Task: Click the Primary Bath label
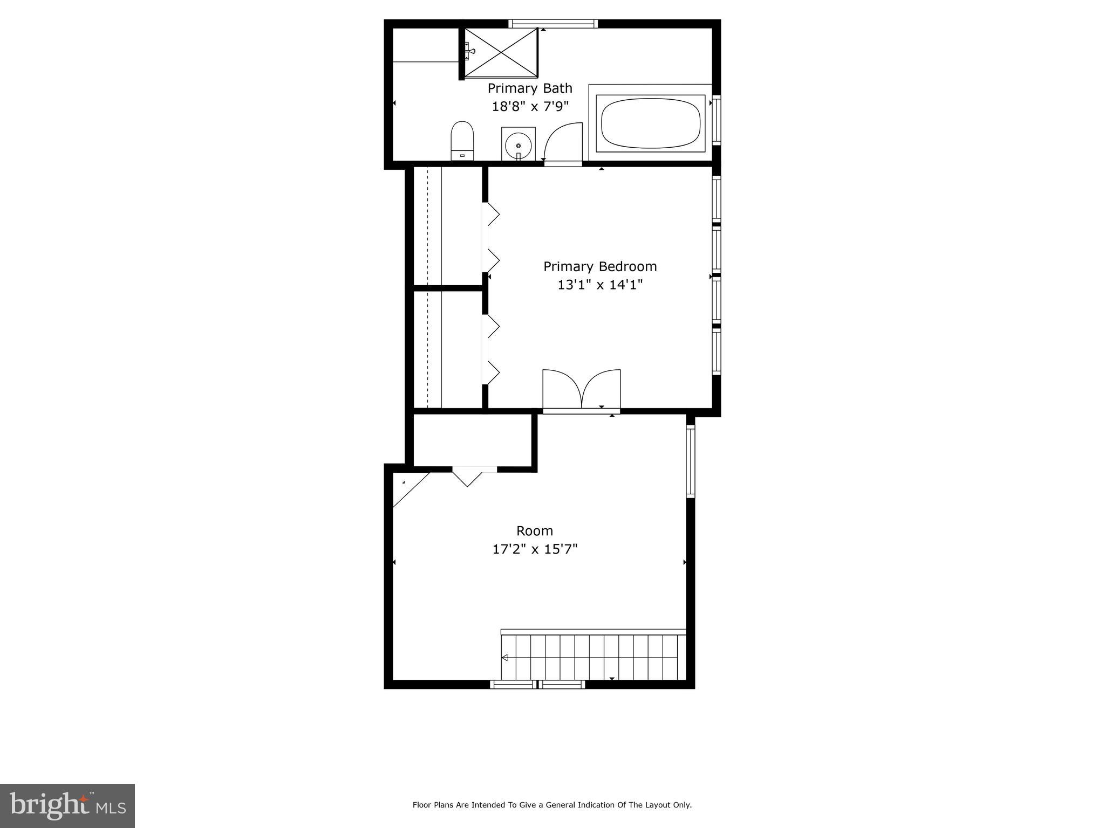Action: tap(529, 88)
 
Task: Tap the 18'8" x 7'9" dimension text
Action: tap(530, 106)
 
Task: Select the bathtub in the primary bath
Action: tap(650, 123)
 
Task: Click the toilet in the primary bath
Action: tap(462, 140)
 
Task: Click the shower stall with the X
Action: tap(501, 53)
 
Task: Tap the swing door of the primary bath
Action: tap(562, 142)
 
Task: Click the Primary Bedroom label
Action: tap(599, 266)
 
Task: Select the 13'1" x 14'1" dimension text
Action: tap(599, 285)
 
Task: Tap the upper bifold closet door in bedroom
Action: tap(492, 237)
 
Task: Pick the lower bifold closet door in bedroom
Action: tap(492, 349)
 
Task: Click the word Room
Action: tap(534, 531)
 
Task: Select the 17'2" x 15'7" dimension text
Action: tap(534, 549)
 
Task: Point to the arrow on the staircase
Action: tap(505, 658)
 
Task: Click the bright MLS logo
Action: tap(67, 805)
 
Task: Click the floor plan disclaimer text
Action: tap(551, 805)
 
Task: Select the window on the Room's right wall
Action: tap(690, 461)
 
